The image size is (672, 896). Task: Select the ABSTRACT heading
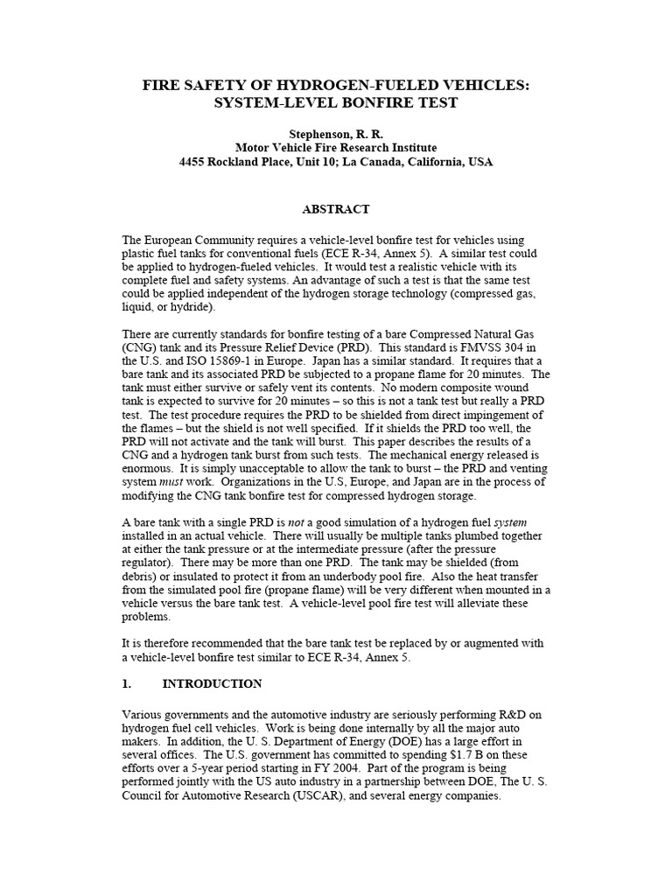pyautogui.click(x=336, y=209)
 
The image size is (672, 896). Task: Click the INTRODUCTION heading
pyautogui.click(x=212, y=683)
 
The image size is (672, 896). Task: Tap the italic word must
pyautogui.click(x=171, y=481)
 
